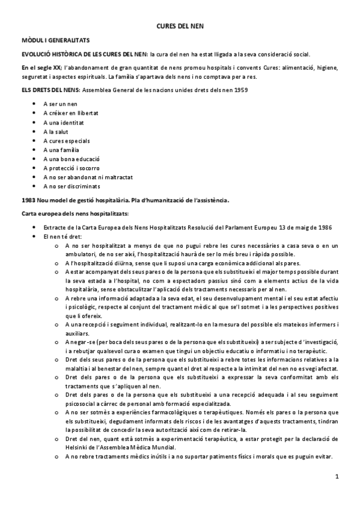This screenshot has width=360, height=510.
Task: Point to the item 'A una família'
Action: pos(61,150)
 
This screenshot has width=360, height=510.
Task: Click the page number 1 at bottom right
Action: pos(337,477)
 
